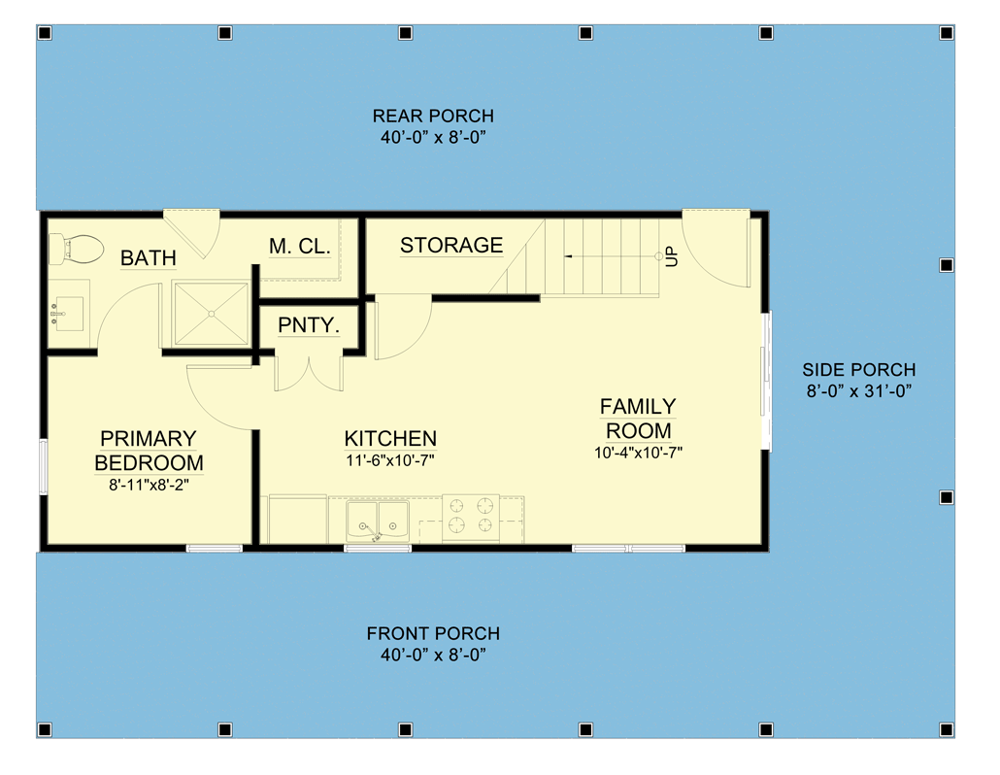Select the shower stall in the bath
pos(211,313)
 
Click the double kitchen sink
pos(378,521)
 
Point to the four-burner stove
pos(471,517)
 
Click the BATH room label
pos(149,258)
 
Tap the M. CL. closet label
pos(300,247)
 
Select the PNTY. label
pos(309,325)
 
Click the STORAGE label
pos(451,246)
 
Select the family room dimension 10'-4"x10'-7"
pos(639,452)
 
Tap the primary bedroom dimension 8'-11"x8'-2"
pos(148,484)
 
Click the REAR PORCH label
pos(433,116)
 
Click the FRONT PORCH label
pos(433,633)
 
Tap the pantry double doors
pos(308,373)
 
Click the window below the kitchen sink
pos(378,549)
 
